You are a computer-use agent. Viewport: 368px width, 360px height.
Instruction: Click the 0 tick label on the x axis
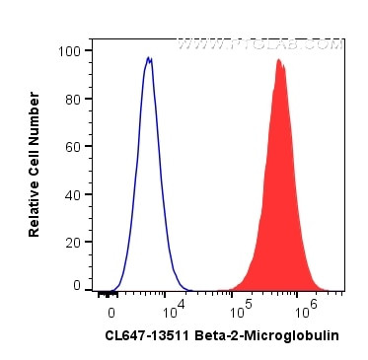(x=110, y=308)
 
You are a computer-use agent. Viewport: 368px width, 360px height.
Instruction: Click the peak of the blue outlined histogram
(x=148, y=57)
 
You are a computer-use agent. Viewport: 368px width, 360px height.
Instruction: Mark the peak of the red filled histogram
(x=279, y=60)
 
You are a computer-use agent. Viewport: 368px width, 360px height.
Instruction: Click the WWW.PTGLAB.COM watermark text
(x=259, y=44)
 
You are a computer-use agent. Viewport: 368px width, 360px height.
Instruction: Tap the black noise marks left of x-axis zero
(x=103, y=292)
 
